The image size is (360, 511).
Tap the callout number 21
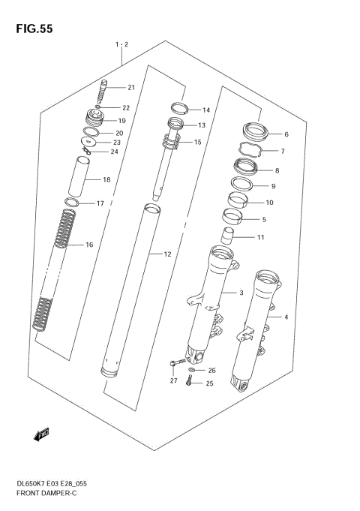[x=130, y=88]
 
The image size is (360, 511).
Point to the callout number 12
[x=168, y=254]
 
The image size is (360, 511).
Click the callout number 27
[x=173, y=381]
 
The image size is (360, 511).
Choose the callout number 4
[x=286, y=317]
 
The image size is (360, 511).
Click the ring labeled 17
[x=72, y=203]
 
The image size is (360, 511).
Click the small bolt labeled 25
[x=190, y=383]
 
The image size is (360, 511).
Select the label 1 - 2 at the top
[x=122, y=45]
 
